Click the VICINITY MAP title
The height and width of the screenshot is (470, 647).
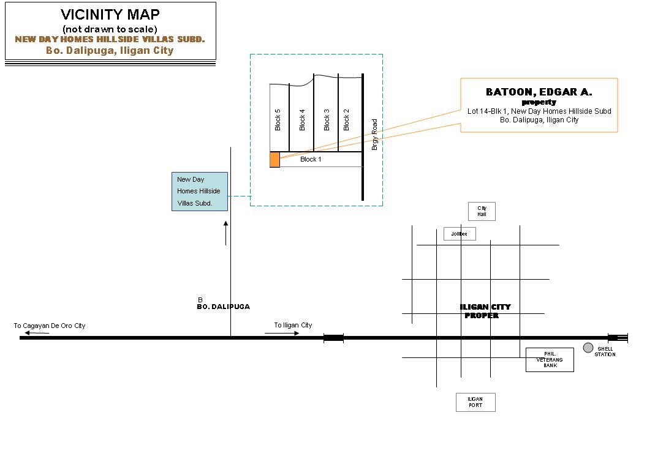coord(110,15)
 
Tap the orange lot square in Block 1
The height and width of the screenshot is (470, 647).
coord(274,160)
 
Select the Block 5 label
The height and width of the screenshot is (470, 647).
coord(278,119)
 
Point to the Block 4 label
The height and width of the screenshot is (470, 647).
coord(302,119)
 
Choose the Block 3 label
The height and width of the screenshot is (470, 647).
coord(327,119)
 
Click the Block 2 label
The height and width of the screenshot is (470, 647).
coord(346,119)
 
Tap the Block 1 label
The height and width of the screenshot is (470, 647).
coord(311,159)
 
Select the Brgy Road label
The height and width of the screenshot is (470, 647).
coord(375,135)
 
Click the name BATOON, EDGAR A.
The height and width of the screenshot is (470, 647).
coord(539,92)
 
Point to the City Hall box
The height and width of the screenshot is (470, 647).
coord(482,211)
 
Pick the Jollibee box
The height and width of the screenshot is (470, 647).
coord(460,234)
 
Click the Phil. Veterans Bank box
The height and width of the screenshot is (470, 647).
coord(550,359)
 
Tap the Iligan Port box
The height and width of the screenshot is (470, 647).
coord(475,402)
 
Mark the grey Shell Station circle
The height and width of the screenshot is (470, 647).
coord(588,348)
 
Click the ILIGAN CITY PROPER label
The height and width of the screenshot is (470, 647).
coord(485,311)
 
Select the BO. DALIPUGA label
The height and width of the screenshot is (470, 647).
coord(223,307)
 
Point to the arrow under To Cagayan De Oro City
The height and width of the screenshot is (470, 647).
coord(37,333)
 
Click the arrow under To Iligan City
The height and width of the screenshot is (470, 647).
coord(282,333)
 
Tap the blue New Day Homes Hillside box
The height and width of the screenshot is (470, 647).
coord(200,192)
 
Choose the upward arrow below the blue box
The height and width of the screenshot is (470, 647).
coord(225,233)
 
